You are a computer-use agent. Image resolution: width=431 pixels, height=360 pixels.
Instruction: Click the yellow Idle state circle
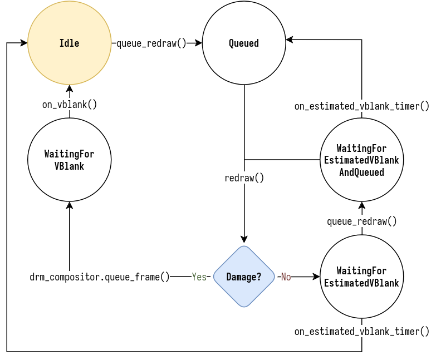[x=70, y=43]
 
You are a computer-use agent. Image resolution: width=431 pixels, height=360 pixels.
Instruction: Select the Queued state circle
[x=244, y=43]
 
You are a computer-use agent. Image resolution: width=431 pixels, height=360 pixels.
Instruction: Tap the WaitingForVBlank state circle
[x=70, y=160]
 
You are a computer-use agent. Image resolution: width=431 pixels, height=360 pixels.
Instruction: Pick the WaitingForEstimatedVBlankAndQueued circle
[x=361, y=160]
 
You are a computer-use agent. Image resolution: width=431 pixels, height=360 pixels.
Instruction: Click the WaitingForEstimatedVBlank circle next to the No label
[x=361, y=277]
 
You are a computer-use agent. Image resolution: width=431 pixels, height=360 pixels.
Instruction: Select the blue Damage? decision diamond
[x=244, y=277]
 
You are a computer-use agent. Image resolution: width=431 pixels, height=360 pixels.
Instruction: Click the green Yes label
[x=199, y=277]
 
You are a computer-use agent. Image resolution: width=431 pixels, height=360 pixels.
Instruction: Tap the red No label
[x=286, y=277]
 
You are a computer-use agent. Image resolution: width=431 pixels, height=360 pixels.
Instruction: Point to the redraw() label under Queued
[x=244, y=178]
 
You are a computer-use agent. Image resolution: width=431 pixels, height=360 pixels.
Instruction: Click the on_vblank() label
[x=70, y=105]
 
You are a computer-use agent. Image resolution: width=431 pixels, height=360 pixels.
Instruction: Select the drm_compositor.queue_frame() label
[x=100, y=277]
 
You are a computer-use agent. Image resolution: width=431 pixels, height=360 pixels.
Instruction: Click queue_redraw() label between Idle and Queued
[x=151, y=43]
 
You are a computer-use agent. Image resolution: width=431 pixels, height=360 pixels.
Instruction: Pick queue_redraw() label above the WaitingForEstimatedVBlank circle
[x=361, y=221]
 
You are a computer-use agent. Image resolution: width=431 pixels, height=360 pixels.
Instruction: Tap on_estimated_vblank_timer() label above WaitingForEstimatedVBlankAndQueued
[x=361, y=106]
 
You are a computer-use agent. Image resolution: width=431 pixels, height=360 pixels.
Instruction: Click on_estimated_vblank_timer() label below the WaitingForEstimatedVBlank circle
[x=361, y=332]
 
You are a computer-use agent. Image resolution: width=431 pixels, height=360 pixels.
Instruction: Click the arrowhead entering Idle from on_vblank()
[x=70, y=88]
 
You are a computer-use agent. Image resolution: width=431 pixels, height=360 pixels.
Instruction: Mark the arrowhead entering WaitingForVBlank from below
[x=70, y=205]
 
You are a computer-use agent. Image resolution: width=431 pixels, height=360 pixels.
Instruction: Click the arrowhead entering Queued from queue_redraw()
[x=198, y=43]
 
